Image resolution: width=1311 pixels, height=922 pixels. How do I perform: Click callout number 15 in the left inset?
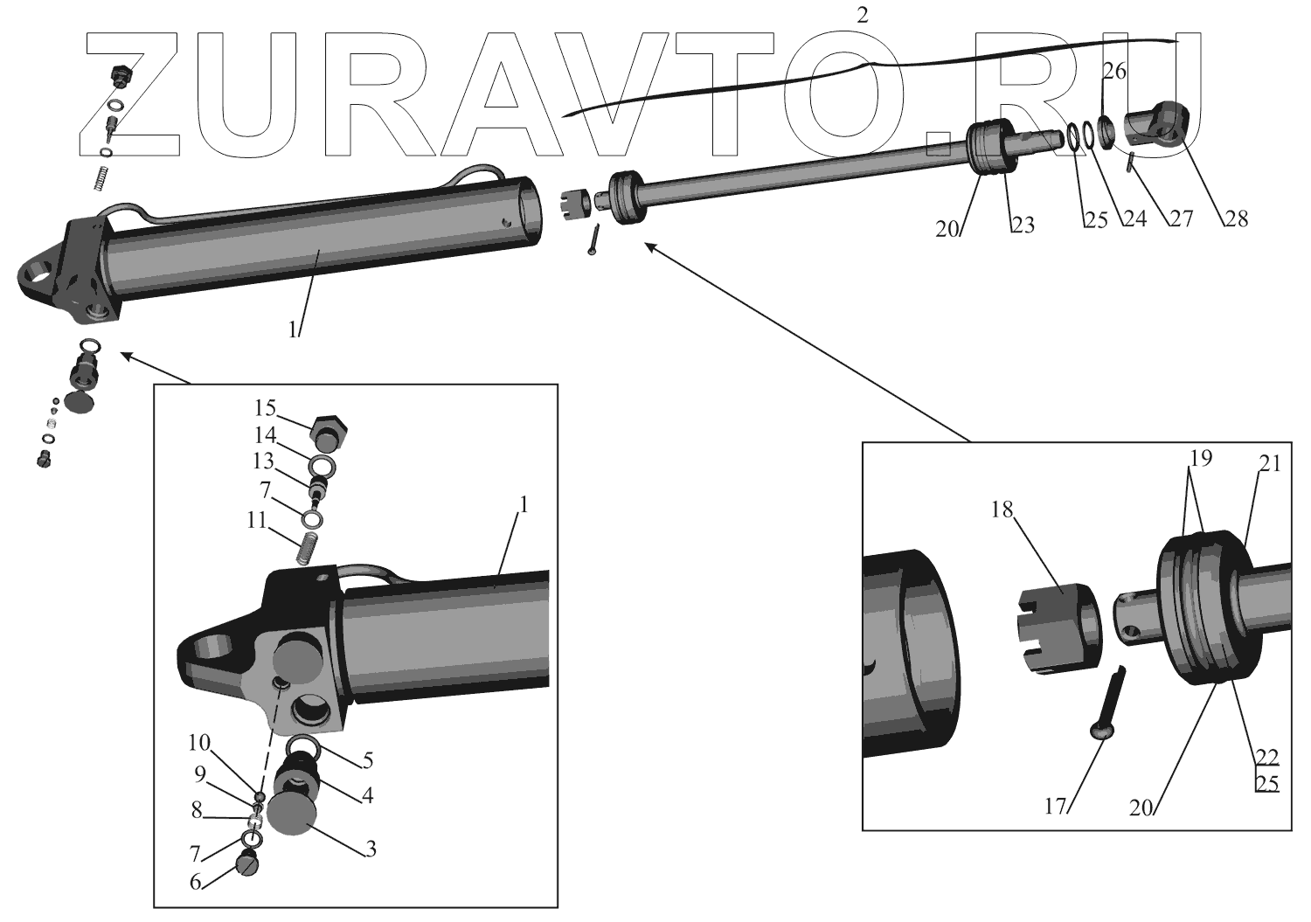(x=266, y=408)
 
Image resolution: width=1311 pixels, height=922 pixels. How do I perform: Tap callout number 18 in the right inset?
(x=1002, y=510)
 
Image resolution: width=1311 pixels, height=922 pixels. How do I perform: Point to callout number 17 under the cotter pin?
(x=1056, y=806)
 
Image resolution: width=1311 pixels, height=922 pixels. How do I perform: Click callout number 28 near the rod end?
(x=1235, y=218)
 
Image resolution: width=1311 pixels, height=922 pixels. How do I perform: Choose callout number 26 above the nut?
(x=1113, y=72)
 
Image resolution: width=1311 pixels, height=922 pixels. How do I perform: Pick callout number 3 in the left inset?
(x=371, y=848)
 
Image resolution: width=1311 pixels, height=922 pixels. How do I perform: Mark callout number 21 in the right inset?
(x=1269, y=464)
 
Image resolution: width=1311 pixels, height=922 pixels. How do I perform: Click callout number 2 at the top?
(x=863, y=15)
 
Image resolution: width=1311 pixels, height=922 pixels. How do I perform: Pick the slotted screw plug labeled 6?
(x=248, y=865)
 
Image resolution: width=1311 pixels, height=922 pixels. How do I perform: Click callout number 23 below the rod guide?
(x=1023, y=225)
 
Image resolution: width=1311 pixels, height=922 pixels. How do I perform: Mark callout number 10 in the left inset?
(x=199, y=744)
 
